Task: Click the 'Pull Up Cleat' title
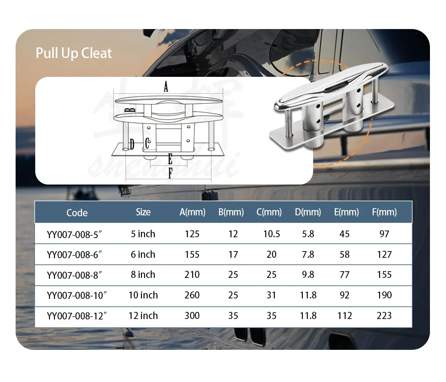click(74, 53)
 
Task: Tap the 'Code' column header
click(77, 213)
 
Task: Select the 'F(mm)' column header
click(384, 212)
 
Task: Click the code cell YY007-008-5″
click(77, 234)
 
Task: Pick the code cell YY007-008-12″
click(77, 316)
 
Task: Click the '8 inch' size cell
click(143, 274)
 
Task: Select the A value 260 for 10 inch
click(192, 295)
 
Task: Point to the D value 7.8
click(308, 254)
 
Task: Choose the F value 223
click(384, 316)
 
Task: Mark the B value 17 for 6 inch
click(233, 254)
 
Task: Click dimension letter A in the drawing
click(166, 87)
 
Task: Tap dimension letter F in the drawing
click(170, 174)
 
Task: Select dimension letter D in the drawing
click(132, 144)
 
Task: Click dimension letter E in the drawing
click(170, 159)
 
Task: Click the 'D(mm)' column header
click(308, 212)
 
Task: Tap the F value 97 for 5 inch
click(384, 234)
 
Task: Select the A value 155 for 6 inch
click(192, 254)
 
